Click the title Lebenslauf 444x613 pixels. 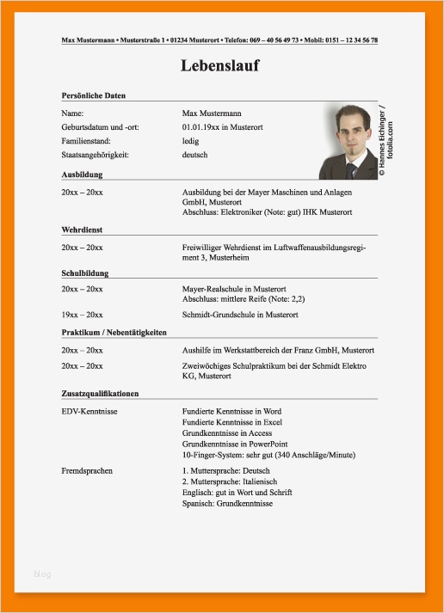(x=220, y=66)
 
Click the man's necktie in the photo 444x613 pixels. (x=351, y=165)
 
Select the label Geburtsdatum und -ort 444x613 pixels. (x=100, y=127)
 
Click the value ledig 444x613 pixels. (x=191, y=141)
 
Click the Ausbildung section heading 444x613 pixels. (x=83, y=175)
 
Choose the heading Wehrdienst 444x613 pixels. (x=83, y=230)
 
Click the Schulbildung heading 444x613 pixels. (x=85, y=273)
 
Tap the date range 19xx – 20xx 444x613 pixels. (x=83, y=315)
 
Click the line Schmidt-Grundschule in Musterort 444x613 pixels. (x=239, y=315)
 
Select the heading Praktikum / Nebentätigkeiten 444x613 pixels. (x=114, y=332)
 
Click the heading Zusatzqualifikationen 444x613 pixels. (x=100, y=393)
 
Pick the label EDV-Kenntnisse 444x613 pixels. (x=89, y=412)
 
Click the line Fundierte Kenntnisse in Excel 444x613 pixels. (x=232, y=423)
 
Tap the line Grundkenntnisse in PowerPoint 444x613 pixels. (x=236, y=444)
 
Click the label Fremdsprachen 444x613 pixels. (x=87, y=471)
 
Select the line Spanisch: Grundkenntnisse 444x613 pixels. (x=227, y=503)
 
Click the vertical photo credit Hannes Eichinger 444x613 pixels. (x=384, y=143)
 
